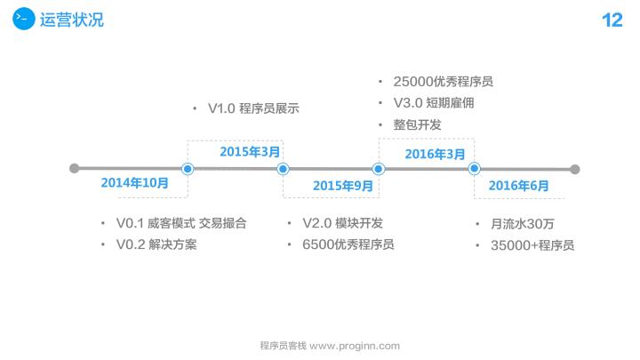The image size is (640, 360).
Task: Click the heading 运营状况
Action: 72,20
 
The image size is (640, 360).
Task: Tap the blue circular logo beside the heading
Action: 24,19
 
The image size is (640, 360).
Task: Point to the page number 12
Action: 612,20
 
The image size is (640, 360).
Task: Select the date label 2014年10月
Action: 135,182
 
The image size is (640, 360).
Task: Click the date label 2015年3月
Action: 250,152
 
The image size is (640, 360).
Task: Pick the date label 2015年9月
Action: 343,186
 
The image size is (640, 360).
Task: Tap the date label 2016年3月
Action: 435,154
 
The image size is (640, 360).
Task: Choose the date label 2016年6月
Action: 518,186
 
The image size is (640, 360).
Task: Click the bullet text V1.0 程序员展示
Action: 253,108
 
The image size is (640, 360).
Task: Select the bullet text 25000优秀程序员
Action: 444,82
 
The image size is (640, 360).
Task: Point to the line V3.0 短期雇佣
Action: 434,103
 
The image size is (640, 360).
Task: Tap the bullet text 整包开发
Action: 417,124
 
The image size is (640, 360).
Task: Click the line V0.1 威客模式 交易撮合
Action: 181,223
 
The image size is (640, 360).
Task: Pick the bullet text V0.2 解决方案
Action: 156,244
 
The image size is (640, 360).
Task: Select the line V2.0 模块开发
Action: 342,223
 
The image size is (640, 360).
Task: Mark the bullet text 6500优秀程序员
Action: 348,244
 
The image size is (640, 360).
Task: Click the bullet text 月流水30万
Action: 523,224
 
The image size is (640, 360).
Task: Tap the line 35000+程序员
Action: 532,245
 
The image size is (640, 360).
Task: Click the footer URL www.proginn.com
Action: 355,346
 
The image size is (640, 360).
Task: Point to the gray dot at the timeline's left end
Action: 75,168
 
